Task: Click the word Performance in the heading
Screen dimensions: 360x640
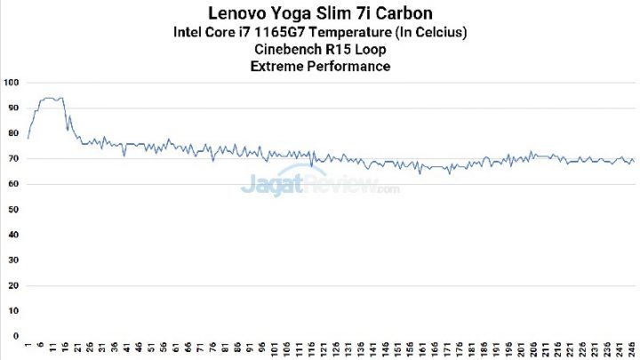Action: tap(348, 67)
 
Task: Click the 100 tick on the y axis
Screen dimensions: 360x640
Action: tap(12, 83)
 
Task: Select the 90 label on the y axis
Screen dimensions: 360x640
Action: tap(12, 108)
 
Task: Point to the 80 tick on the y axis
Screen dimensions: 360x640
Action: tap(12, 133)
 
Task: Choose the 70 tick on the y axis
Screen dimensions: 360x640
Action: tap(12, 159)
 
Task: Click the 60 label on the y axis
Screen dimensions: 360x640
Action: tap(12, 184)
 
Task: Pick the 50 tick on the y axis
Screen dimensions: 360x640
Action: tap(12, 210)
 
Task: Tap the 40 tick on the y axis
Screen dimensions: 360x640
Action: tap(12, 235)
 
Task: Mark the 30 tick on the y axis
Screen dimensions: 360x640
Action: tap(12, 260)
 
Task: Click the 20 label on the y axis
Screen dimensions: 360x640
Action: tap(12, 285)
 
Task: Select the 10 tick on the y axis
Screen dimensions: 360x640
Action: tap(12, 311)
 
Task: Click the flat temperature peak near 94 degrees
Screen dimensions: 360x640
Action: tap(52, 98)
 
